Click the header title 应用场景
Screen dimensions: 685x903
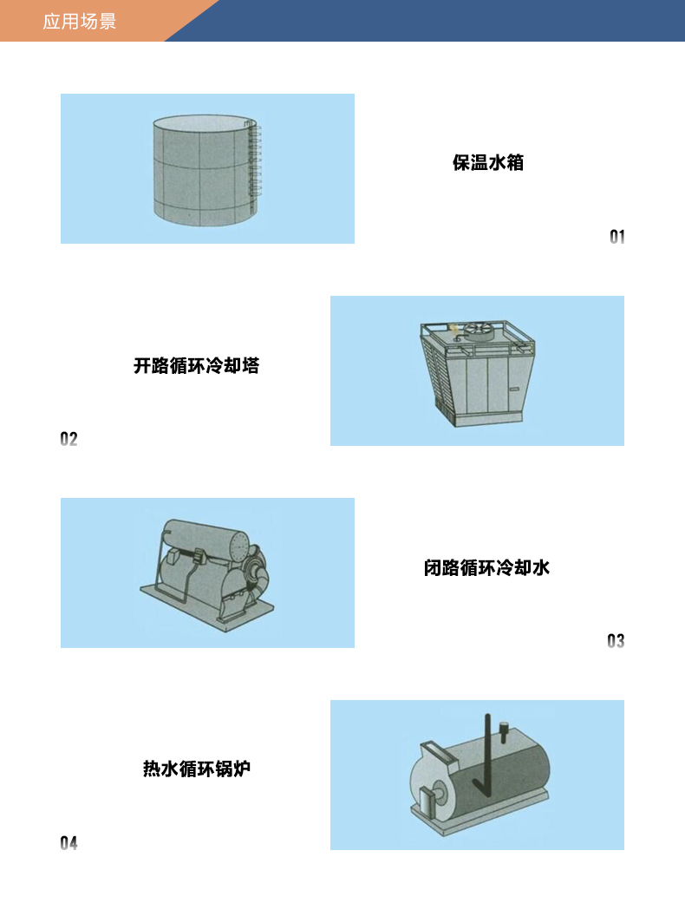[x=80, y=22]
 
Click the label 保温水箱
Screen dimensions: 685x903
[x=488, y=163]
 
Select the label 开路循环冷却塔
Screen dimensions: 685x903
[x=196, y=366]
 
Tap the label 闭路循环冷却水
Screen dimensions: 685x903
[x=486, y=568]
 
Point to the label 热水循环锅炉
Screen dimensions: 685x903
[x=196, y=769]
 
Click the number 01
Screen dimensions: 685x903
[x=617, y=237]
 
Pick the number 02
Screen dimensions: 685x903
[x=68, y=439]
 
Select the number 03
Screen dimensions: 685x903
[x=616, y=641]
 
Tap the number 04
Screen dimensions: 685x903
[x=68, y=843]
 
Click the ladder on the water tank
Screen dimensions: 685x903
[x=253, y=164]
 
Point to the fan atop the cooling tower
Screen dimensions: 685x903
[x=479, y=330]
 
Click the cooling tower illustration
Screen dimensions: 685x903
[x=478, y=373]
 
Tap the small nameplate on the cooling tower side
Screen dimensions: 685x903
[x=514, y=389]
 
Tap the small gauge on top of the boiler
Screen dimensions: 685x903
[x=505, y=730]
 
